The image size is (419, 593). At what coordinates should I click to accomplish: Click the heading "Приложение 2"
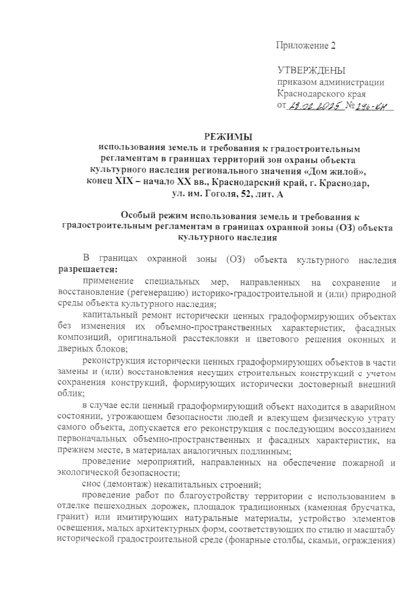click(306, 46)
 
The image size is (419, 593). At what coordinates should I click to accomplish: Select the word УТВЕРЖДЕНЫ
click(311, 71)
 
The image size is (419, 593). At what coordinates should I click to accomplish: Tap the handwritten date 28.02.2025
click(314, 105)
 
